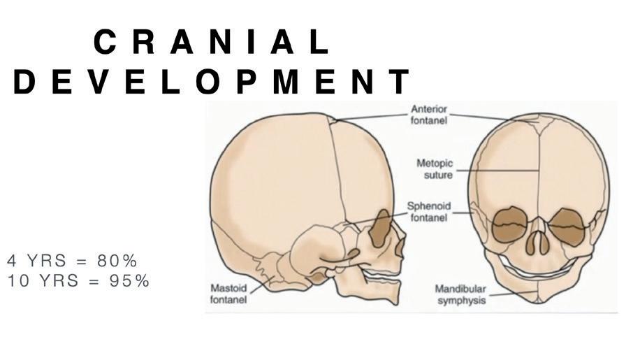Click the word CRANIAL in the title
(x=211, y=43)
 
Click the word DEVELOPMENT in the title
(x=211, y=82)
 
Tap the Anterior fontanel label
(x=429, y=115)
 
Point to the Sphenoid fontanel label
(x=429, y=213)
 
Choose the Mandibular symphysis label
(x=460, y=294)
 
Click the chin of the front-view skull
(x=539, y=294)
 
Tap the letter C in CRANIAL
(x=105, y=43)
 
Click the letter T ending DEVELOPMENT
(x=400, y=82)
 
